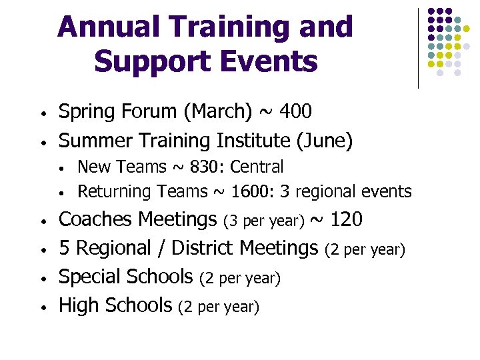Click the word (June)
329,141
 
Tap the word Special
89,277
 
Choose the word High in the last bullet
77,305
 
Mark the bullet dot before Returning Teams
61,193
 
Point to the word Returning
115,192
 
